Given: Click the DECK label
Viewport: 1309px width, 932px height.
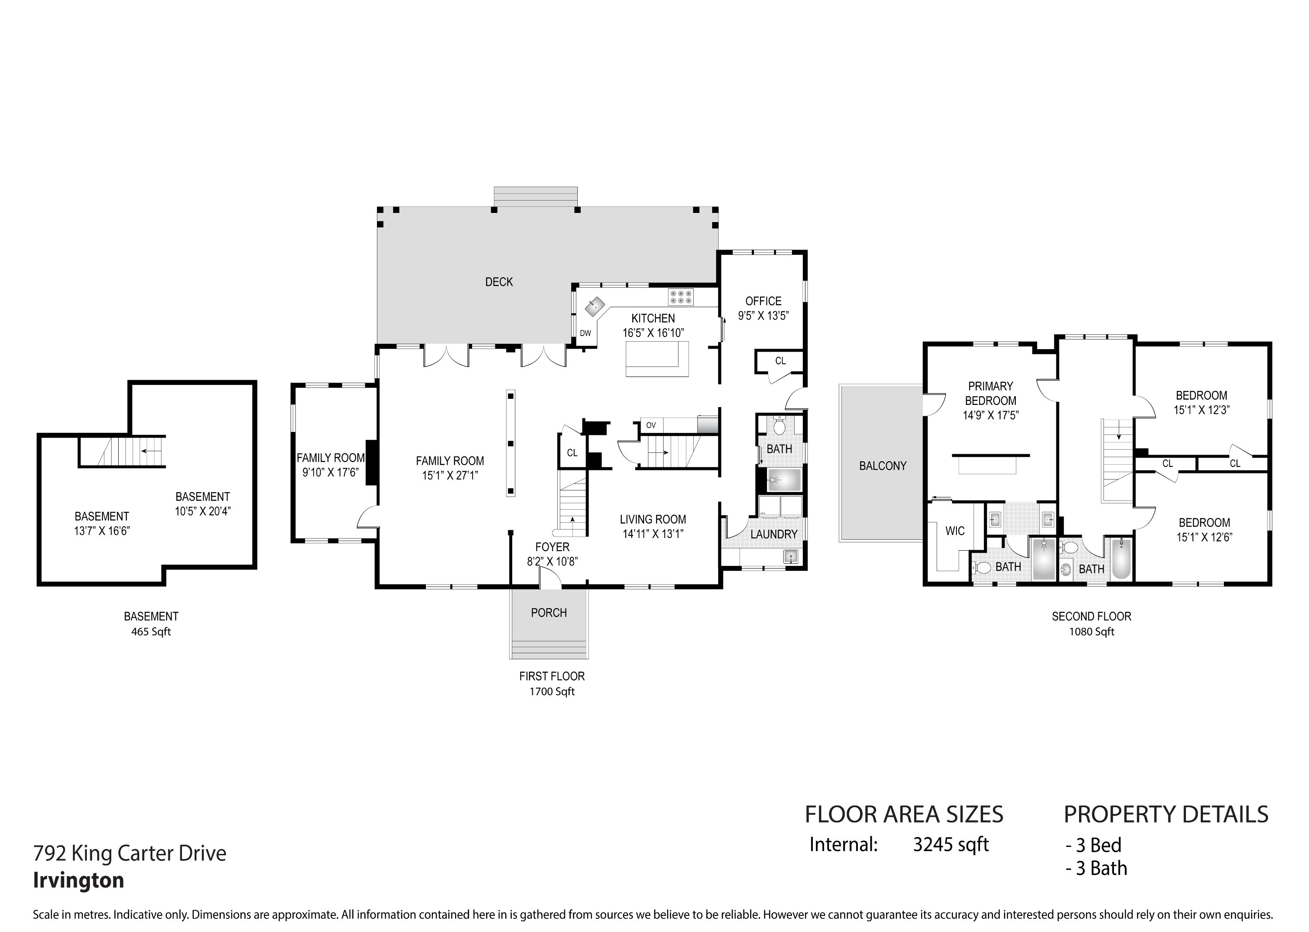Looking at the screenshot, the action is pyautogui.click(x=499, y=282).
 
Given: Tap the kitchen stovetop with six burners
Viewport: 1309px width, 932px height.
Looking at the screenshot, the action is pyautogui.click(x=681, y=297).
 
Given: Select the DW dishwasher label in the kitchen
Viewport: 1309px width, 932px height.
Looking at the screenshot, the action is pyautogui.click(x=586, y=333).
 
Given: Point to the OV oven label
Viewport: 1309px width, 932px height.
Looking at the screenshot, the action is pyautogui.click(x=651, y=425).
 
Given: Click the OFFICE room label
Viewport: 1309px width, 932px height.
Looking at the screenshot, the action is pyautogui.click(x=763, y=301).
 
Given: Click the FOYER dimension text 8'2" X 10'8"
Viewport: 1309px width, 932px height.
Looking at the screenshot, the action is pyautogui.click(x=552, y=561).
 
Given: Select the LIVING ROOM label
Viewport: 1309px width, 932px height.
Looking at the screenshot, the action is pyautogui.click(x=653, y=519).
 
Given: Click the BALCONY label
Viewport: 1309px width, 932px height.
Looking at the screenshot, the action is pyautogui.click(x=883, y=466).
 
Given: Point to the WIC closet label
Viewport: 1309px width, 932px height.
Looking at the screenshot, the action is pyautogui.click(x=955, y=531).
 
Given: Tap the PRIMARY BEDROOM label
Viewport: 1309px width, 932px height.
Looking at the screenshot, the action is pyautogui.click(x=990, y=393).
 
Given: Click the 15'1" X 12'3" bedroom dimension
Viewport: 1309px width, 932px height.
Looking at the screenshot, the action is pyautogui.click(x=1201, y=410).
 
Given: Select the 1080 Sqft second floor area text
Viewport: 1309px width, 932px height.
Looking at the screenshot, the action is pyautogui.click(x=1092, y=632).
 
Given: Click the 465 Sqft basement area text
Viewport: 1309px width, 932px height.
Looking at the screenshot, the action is pyautogui.click(x=151, y=632).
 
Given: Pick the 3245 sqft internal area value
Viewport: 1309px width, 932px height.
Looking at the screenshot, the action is pyautogui.click(x=951, y=845).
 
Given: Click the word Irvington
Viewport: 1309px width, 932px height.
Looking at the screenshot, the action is pyautogui.click(x=79, y=880).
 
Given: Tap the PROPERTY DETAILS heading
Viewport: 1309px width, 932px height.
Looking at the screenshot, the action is pyautogui.click(x=1166, y=814).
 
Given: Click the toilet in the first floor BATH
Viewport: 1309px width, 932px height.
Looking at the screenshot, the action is pyautogui.click(x=779, y=426).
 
